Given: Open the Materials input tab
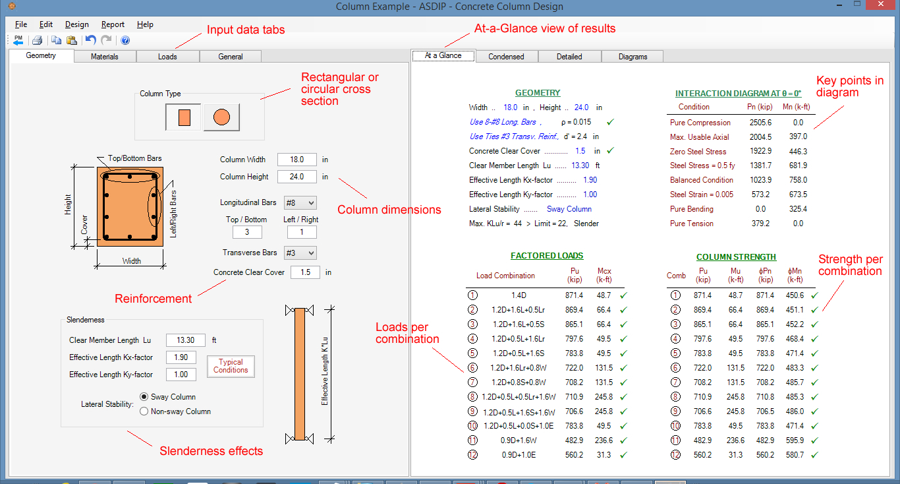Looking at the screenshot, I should click(105, 57).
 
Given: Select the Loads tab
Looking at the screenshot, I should click(167, 57).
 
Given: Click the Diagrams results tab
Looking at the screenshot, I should click(633, 57).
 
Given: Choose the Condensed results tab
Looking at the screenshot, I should click(506, 57).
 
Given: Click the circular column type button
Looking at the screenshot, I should click(221, 117).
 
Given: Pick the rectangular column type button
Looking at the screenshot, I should click(184, 117).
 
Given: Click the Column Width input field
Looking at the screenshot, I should click(296, 160).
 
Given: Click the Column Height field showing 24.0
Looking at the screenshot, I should click(296, 177).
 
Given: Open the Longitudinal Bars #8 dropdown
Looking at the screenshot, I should click(300, 202).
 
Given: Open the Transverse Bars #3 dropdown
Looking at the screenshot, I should click(300, 253).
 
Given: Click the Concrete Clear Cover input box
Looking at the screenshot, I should click(305, 272).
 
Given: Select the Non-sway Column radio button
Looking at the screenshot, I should click(144, 411).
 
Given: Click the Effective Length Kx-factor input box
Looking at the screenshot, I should click(181, 357).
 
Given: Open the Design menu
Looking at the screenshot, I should click(76, 24).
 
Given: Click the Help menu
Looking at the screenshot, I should click(145, 24).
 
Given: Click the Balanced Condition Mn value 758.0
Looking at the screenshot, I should click(798, 180).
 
